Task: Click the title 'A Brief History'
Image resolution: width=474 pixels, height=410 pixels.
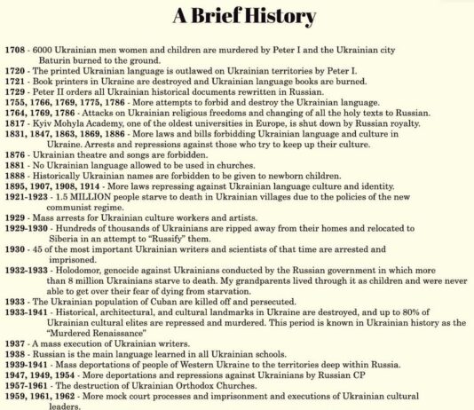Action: coord(237,16)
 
